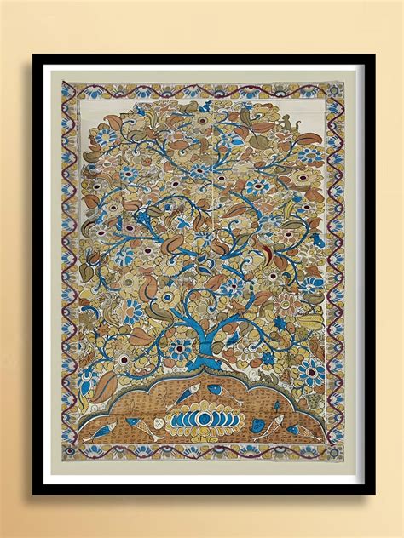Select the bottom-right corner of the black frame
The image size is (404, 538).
[x=372, y=493]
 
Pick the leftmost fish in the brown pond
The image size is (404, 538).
[x=100, y=432]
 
